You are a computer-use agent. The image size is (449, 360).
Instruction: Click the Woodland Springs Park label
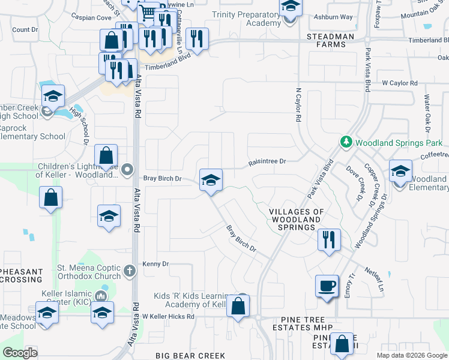pyautogui.click(x=399, y=143)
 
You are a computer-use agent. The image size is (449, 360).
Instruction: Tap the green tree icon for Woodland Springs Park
pyautogui.click(x=346, y=143)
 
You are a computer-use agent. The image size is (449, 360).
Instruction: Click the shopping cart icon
pyautogui.click(x=148, y=13)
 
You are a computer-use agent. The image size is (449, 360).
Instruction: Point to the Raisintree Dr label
pyautogui.click(x=268, y=161)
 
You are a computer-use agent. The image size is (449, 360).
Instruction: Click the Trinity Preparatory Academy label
pyautogui.click(x=246, y=19)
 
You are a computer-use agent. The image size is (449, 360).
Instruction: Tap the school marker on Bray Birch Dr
pyautogui.click(x=210, y=180)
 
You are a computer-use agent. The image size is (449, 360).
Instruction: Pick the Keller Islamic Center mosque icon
pyautogui.click(x=102, y=296)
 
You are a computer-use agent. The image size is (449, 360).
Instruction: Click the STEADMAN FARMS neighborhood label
pyautogui.click(x=330, y=37)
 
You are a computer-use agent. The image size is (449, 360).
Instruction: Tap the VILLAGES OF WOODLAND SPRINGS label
pyautogui.click(x=297, y=220)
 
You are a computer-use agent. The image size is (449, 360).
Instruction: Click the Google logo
pyautogui.click(x=20, y=352)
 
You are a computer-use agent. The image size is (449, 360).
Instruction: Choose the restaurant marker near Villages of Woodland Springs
pyautogui.click(x=329, y=239)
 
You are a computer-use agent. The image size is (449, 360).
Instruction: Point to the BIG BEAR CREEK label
pyautogui.click(x=190, y=356)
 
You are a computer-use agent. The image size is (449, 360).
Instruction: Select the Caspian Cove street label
pyautogui.click(x=91, y=18)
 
